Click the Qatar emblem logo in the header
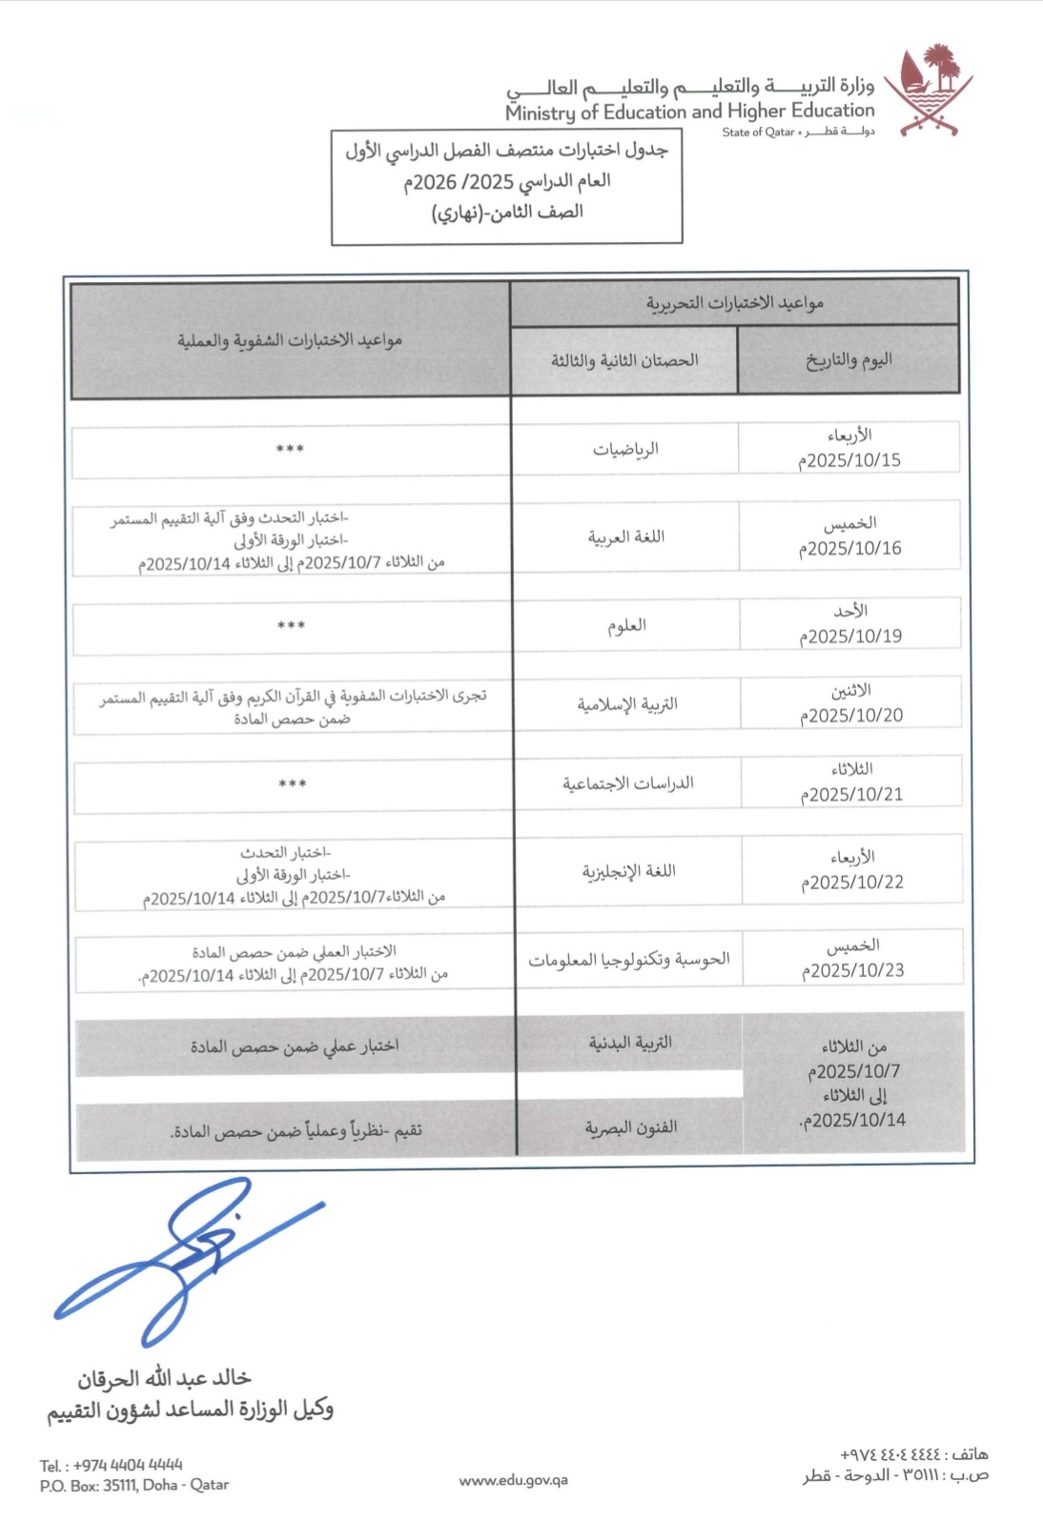point(928,91)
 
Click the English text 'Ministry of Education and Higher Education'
point(689,112)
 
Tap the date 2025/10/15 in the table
point(850,460)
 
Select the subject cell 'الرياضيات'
point(625,449)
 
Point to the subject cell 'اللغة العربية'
point(625,538)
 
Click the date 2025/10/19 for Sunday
point(851,637)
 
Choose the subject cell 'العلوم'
point(626,625)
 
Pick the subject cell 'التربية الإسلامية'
point(626,704)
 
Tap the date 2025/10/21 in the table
point(852,795)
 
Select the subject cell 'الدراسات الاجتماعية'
point(627,783)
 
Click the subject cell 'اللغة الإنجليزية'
point(628,871)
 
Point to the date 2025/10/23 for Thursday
point(853,970)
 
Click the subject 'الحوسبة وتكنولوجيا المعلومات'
point(629,959)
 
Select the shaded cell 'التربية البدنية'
point(630,1043)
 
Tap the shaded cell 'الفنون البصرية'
point(630,1127)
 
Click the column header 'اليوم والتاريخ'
point(849,359)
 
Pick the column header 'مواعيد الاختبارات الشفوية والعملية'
point(290,340)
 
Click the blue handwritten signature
point(191,1258)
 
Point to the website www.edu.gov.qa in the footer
point(513,1480)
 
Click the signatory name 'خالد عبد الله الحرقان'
point(164,1378)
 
